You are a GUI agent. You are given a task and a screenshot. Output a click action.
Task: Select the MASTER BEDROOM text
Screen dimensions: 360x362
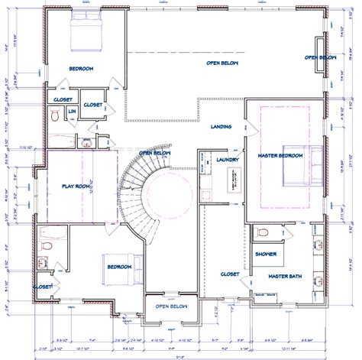pyautogui.click(x=280, y=156)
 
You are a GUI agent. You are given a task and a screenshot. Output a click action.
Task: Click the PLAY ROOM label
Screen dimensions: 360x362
pyautogui.click(x=76, y=186)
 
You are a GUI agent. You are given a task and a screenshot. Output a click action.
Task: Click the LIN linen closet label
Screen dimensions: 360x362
pyautogui.click(x=72, y=112)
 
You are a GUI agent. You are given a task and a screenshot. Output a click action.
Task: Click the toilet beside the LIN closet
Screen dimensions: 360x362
pyautogui.click(x=55, y=115)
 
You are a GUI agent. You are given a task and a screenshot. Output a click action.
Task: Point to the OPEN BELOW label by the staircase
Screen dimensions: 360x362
pyautogui.click(x=157, y=153)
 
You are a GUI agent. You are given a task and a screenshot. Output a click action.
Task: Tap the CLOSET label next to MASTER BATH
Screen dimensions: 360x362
pyautogui.click(x=230, y=273)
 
